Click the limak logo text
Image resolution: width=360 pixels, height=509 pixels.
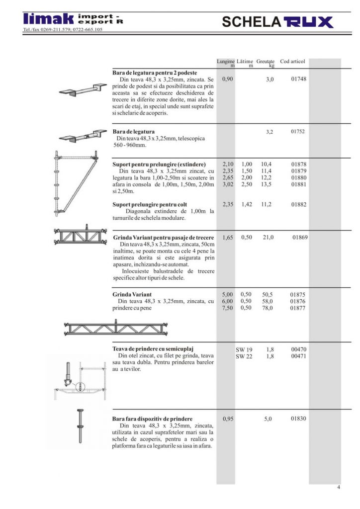(x=48, y=19)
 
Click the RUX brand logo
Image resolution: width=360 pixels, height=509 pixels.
(x=309, y=22)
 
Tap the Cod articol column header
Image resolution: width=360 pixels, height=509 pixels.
(x=292, y=61)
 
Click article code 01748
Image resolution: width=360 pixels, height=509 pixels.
(x=299, y=79)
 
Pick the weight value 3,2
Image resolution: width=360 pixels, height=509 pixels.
(x=270, y=132)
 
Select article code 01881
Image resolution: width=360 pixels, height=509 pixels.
(x=299, y=184)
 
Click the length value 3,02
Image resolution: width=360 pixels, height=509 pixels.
(x=228, y=184)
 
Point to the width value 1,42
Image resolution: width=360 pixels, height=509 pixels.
(x=247, y=204)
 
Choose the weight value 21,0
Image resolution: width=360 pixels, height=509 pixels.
(x=268, y=237)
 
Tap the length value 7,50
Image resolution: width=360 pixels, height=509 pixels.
(x=227, y=308)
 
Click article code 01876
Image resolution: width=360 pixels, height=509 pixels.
(x=298, y=301)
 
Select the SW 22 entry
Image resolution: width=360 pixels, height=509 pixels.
(x=244, y=356)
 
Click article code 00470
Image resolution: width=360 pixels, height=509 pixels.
(x=299, y=349)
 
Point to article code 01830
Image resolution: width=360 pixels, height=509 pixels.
(x=298, y=419)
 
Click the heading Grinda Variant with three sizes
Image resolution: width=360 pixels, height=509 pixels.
(x=132, y=295)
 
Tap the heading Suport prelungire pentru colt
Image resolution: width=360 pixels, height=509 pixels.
(x=150, y=204)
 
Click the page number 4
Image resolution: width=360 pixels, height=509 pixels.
(x=339, y=487)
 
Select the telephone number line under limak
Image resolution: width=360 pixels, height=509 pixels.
(x=63, y=29)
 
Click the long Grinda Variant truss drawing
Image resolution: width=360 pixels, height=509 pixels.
(x=116, y=328)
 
